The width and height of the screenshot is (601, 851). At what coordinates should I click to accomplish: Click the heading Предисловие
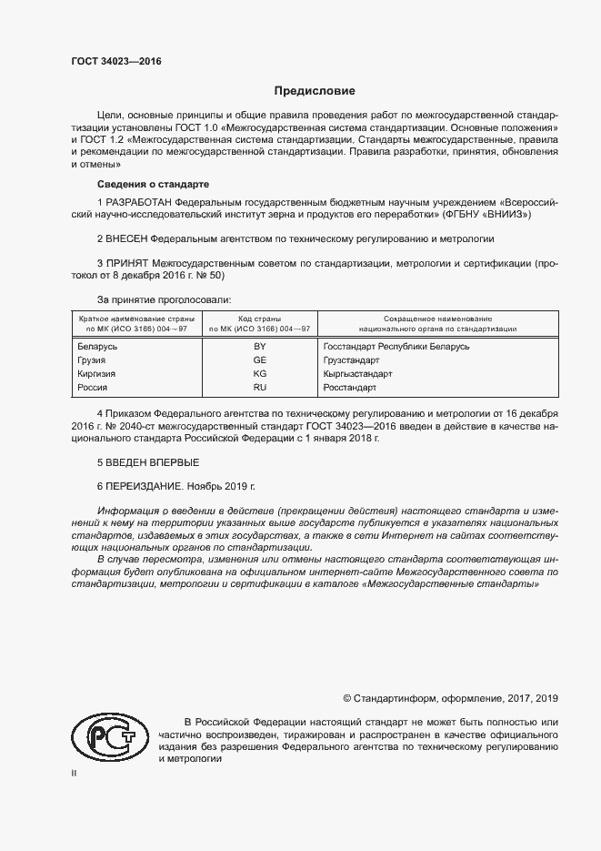click(315, 91)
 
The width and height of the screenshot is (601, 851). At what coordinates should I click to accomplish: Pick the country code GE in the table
click(259, 360)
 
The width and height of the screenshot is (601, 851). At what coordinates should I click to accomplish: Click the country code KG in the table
click(259, 373)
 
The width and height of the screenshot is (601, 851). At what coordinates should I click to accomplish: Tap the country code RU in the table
click(259, 387)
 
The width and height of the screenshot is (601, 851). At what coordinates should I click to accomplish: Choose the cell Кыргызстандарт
click(357, 373)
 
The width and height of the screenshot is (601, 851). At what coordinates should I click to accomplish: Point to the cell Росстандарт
click(349, 387)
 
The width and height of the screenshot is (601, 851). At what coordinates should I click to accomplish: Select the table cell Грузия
click(94, 360)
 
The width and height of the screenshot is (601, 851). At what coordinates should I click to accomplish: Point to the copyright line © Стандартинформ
click(450, 698)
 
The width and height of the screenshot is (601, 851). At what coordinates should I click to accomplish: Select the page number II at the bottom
click(75, 774)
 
